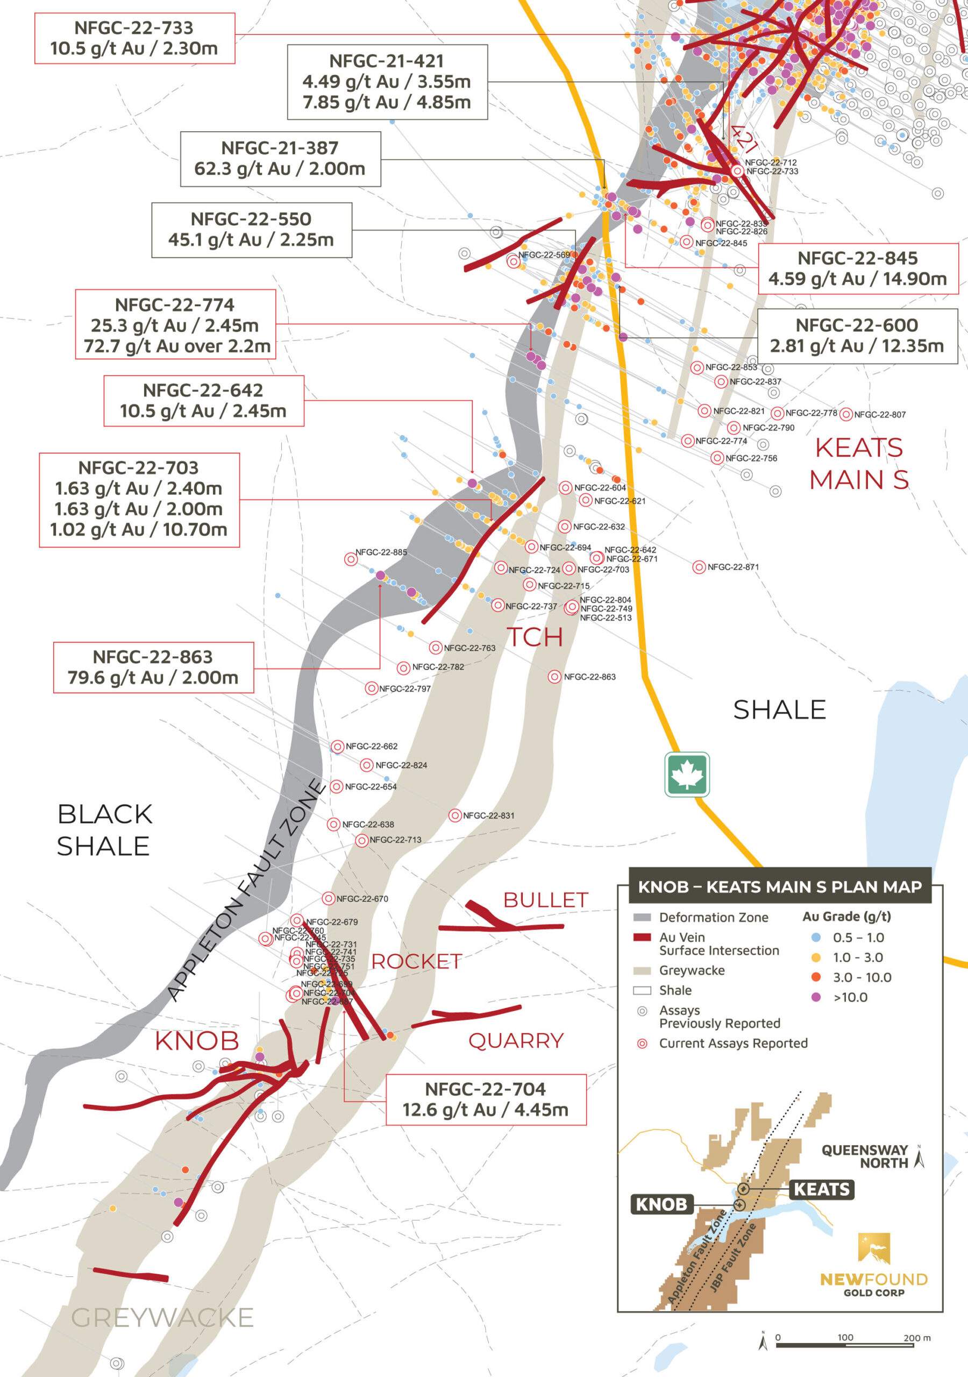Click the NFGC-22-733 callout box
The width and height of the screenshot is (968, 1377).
(134, 38)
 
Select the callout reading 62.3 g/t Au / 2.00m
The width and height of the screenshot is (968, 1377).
(280, 159)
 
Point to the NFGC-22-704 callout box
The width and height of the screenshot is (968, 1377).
(485, 1099)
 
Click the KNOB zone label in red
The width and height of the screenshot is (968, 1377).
(197, 1041)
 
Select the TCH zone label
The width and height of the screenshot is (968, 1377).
(535, 637)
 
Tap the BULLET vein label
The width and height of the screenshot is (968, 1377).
(545, 900)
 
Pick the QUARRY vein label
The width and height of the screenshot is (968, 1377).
(516, 1040)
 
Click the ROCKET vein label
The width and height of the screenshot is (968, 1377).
(416, 961)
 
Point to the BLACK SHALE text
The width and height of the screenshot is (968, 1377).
(104, 830)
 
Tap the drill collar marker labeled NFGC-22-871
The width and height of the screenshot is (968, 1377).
(699, 567)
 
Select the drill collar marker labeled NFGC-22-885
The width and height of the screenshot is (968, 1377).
(351, 559)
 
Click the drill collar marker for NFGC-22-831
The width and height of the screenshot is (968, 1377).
(455, 815)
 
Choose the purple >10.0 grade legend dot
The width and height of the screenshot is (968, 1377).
(816, 997)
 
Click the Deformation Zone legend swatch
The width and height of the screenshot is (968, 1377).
(642, 918)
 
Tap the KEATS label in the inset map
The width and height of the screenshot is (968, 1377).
(821, 1189)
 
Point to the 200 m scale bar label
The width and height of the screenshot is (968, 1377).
(916, 1338)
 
